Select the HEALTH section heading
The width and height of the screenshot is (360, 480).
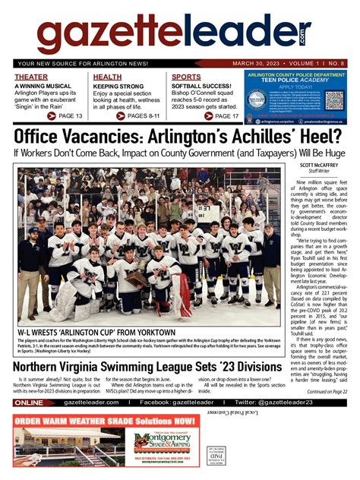107,77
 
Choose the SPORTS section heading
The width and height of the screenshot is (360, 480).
186,77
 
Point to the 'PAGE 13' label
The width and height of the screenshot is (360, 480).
69,115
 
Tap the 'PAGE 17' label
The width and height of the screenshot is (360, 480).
224,115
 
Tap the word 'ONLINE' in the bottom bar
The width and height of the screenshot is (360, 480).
29,424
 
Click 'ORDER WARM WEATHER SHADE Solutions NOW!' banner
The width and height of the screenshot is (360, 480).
103,442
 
